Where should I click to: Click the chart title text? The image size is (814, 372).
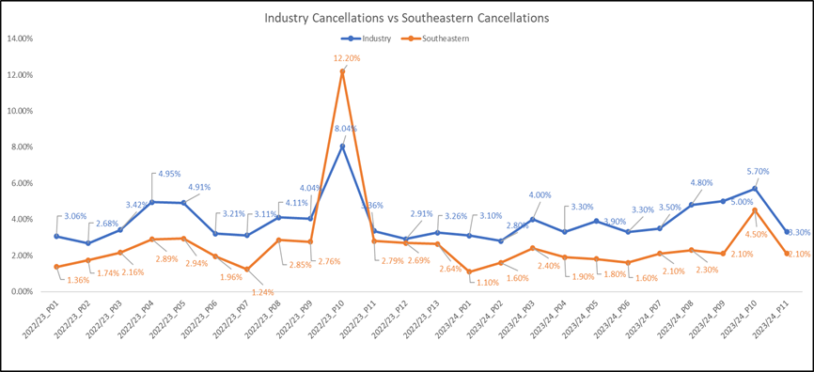pos(406,18)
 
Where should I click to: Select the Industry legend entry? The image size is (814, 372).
pos(366,39)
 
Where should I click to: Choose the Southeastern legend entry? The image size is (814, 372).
pos(432,39)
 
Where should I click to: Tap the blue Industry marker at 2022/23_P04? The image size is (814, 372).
pos(151,202)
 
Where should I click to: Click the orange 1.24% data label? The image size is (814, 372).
pos(261,292)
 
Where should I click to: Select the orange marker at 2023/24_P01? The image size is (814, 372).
pos(470,271)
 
